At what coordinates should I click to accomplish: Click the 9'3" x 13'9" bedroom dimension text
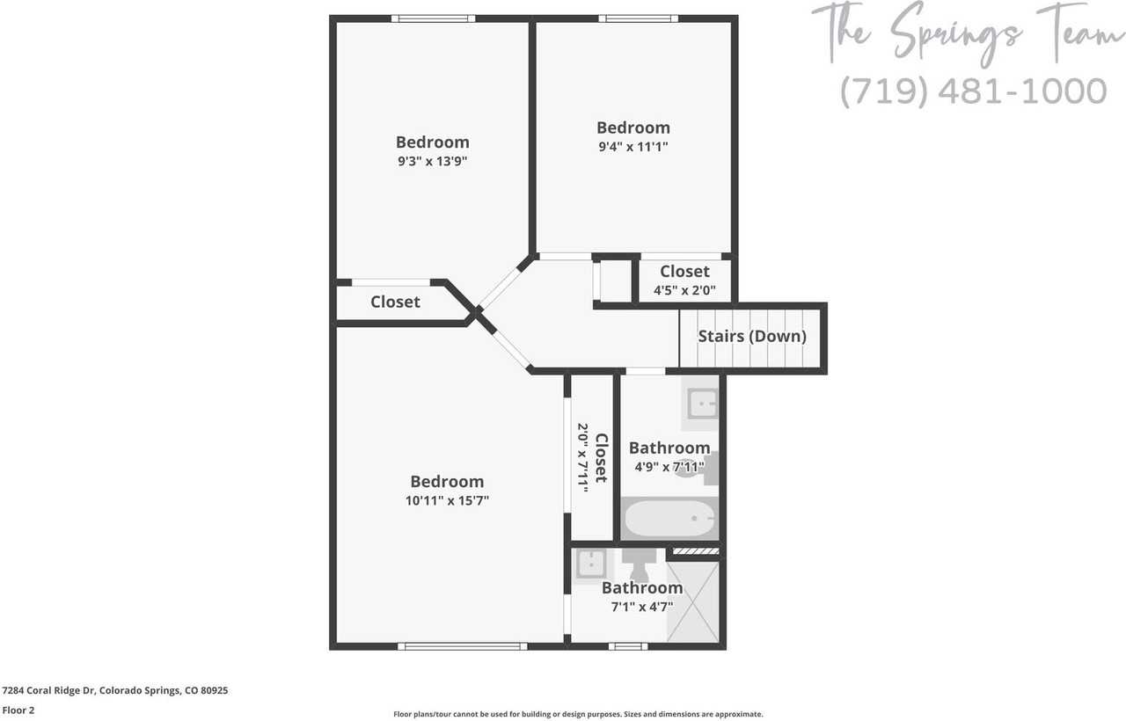tap(432, 161)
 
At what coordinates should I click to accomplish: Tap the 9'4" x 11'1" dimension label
tap(632, 147)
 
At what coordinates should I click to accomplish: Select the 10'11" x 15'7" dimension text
tap(447, 500)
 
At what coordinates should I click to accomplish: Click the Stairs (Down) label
tap(752, 336)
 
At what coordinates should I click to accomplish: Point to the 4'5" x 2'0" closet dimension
tap(684, 289)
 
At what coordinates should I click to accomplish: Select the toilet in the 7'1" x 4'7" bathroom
tap(640, 562)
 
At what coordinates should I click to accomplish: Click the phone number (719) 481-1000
tap(972, 91)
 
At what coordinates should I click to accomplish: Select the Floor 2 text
tap(18, 710)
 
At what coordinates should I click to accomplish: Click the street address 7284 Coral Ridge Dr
tap(48, 691)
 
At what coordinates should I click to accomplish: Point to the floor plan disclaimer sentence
tap(578, 714)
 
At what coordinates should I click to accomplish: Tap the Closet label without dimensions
tap(395, 302)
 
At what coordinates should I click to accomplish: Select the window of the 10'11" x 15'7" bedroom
tap(463, 646)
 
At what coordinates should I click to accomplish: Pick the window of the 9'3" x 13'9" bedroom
tap(433, 18)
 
